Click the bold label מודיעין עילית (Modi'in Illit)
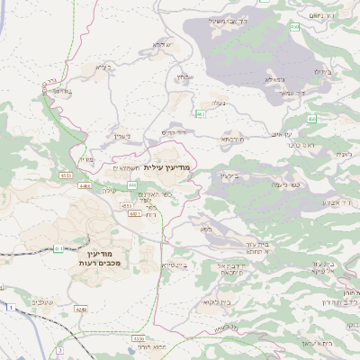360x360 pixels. pos(167,167)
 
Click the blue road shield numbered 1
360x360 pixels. pos(11,308)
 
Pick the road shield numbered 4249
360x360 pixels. pos(82,309)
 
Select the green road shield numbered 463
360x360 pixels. pos(200,115)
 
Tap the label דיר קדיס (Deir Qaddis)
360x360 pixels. pos(173,132)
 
